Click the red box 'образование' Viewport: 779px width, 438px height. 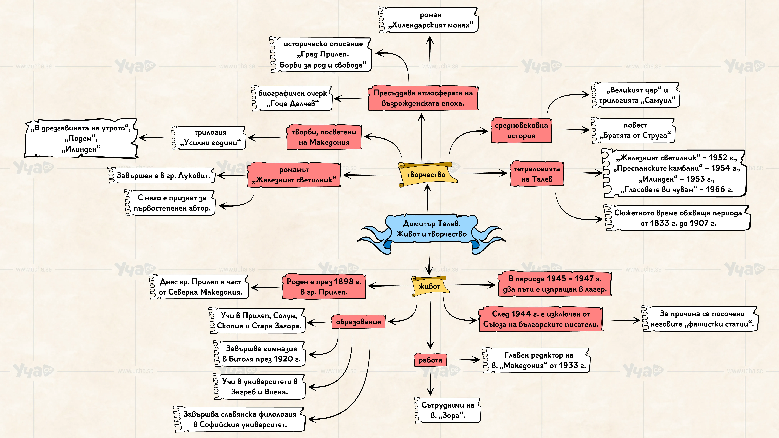pyautogui.click(x=358, y=322)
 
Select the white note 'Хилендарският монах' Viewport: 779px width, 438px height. pyautogui.click(x=428, y=20)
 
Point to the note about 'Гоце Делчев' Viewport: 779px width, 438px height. pyautogui.click(x=292, y=98)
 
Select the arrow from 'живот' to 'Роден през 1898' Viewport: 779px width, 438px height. pyautogui.click(x=389, y=286)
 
